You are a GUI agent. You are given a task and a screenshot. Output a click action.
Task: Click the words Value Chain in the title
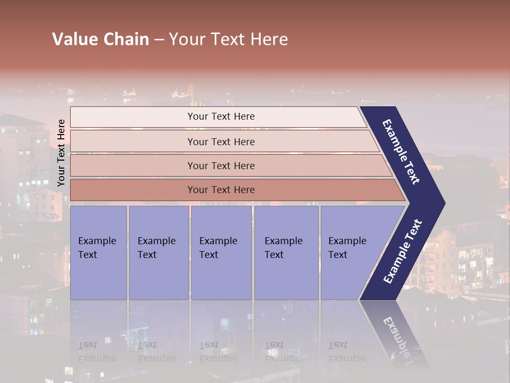click(100, 39)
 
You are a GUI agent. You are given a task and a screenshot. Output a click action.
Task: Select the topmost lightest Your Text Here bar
click(218, 116)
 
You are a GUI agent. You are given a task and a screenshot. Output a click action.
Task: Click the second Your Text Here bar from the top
click(221, 141)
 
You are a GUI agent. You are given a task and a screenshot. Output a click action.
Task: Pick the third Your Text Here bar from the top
click(221, 165)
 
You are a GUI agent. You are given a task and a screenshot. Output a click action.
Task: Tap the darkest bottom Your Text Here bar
click(221, 190)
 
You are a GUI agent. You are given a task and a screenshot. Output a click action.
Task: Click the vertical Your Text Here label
click(62, 153)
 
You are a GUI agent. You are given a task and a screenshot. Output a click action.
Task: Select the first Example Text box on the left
click(98, 252)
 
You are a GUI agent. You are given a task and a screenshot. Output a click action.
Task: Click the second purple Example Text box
click(158, 252)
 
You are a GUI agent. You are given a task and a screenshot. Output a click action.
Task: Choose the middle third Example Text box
click(220, 252)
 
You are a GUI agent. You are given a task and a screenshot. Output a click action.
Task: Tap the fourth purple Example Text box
click(286, 252)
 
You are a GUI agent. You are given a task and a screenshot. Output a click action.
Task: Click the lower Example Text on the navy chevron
click(402, 252)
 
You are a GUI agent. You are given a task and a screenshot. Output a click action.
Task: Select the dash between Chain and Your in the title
click(159, 39)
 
